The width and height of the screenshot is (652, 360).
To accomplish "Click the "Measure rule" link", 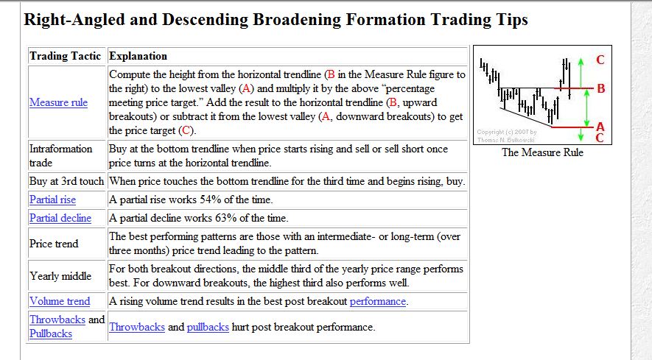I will tap(58, 102).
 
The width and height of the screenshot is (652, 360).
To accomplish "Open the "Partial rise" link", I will tap(52, 200).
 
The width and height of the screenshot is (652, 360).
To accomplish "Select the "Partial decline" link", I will tap(60, 218).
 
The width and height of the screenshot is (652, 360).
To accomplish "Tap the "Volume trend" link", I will tap(60, 301).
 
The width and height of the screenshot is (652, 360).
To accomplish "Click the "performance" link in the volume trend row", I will tap(377, 301).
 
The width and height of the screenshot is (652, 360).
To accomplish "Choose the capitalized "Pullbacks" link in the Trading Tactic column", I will tap(51, 333).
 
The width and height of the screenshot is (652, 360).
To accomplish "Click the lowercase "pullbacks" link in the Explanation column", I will tap(208, 327).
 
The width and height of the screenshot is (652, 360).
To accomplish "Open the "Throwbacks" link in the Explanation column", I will tap(137, 327).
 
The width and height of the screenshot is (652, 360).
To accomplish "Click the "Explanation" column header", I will tap(138, 56).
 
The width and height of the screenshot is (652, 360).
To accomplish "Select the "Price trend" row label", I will tap(54, 244).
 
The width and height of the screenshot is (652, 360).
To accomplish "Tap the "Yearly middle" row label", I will tap(60, 276).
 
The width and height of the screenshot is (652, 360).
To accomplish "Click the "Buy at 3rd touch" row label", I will tap(67, 181).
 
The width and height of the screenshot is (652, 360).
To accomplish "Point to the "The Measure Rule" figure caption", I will tap(542, 152).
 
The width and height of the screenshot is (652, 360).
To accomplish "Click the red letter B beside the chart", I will tap(600, 89).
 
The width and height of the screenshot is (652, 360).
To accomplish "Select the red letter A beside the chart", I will tap(600, 127).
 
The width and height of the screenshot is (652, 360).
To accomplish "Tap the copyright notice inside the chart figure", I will tap(508, 136).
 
